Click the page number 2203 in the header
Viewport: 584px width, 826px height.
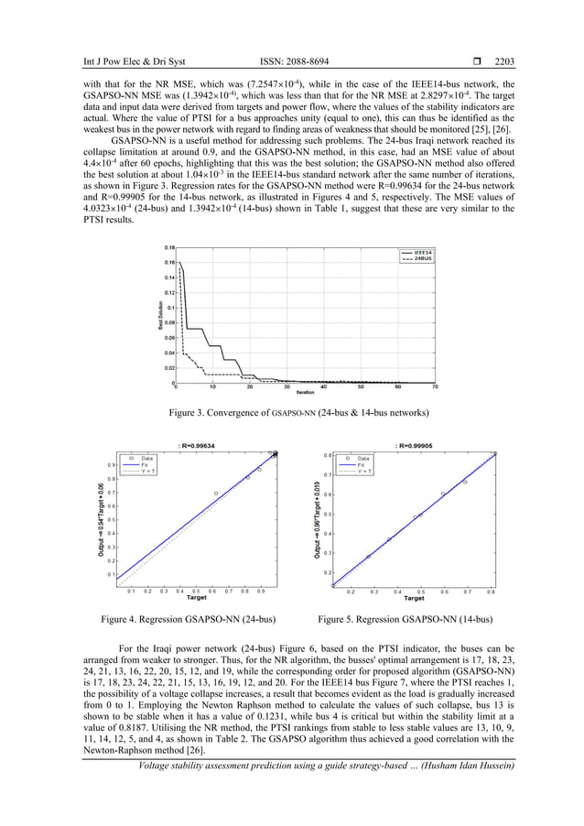coord(504,62)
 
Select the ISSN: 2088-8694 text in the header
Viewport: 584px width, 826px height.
coord(294,62)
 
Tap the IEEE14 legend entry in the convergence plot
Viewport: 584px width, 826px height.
coord(418,251)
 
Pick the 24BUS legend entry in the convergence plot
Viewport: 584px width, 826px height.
coord(418,259)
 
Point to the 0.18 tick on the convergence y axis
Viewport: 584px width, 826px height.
coord(169,247)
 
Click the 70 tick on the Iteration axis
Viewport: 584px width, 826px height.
coord(435,387)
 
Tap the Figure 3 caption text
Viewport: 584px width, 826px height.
coord(292,413)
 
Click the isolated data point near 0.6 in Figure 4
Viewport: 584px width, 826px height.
coord(216,494)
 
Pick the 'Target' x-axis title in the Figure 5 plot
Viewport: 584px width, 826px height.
coord(414,599)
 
